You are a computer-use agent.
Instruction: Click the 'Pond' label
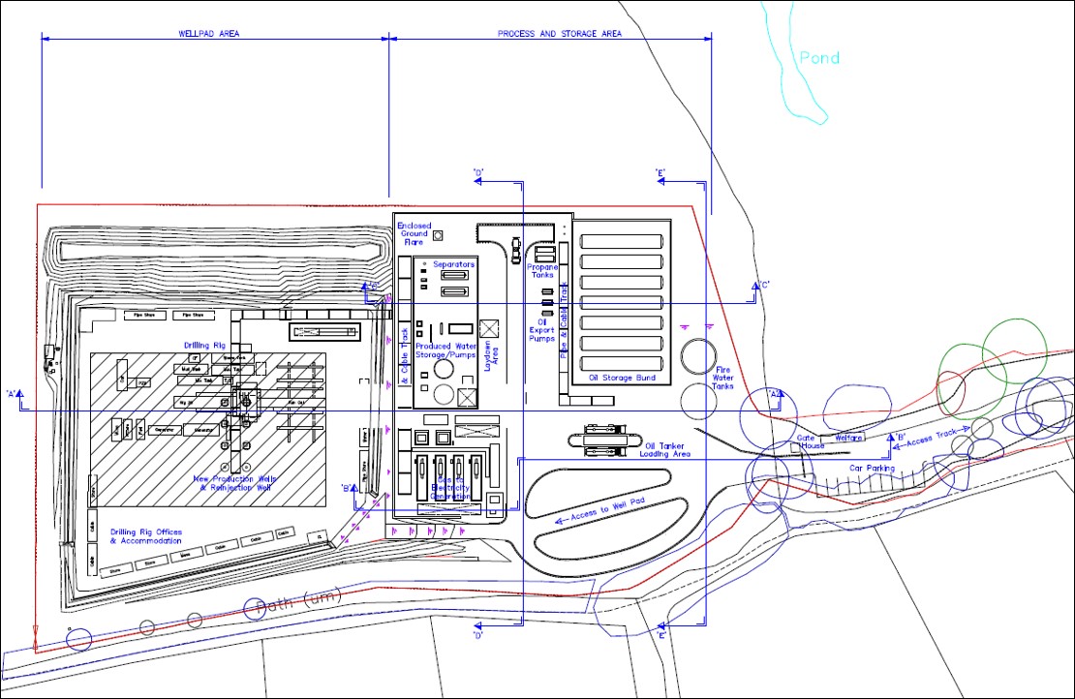coord(818,58)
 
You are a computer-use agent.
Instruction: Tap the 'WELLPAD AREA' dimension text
coord(209,34)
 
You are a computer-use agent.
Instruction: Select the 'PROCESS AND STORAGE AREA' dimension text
coord(560,34)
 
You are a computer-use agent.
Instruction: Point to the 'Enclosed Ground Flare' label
coord(415,234)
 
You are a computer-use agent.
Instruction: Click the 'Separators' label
coord(453,264)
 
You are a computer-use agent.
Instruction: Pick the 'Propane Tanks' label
coord(543,271)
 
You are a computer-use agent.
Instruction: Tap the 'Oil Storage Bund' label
coord(622,378)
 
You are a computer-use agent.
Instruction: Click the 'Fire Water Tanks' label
coord(722,379)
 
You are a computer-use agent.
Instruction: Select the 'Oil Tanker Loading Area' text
coord(667,449)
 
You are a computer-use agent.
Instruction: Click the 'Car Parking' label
coord(870,469)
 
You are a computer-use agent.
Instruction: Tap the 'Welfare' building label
coord(848,438)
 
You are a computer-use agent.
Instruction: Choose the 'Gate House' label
coord(810,441)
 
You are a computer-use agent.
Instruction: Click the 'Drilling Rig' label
coord(204,346)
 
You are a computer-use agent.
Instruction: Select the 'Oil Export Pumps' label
coord(541,330)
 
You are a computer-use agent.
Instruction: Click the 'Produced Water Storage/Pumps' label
coord(445,350)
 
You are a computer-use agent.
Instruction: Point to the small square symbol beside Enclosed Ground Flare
coord(438,235)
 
